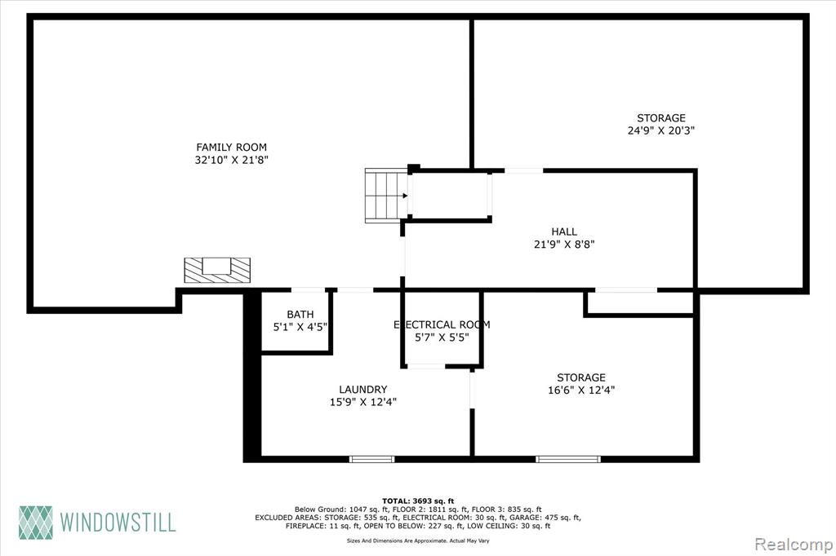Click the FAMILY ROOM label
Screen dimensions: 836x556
point(231,147)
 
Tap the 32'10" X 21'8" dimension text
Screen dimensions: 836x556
point(231,160)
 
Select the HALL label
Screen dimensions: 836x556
point(564,232)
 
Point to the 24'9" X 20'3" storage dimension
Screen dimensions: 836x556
point(661,130)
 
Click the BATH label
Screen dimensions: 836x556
point(300,314)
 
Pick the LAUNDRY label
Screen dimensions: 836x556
point(363,390)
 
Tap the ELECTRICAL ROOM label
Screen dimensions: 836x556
point(442,324)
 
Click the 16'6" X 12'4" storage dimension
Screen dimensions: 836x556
point(581,390)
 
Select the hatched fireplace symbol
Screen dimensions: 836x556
point(217,270)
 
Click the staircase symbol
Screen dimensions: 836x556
point(386,196)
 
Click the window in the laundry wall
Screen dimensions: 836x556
point(372,459)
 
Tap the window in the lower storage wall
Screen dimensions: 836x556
point(568,459)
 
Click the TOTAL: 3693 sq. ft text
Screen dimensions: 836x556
point(418,501)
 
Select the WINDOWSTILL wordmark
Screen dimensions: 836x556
point(118,522)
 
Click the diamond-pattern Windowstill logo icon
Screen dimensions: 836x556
point(36,522)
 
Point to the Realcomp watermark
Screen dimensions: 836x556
point(794,545)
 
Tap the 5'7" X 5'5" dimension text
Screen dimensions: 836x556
point(442,338)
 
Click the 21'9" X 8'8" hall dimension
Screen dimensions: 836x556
point(564,245)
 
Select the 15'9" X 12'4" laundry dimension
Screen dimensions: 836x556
point(363,402)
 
